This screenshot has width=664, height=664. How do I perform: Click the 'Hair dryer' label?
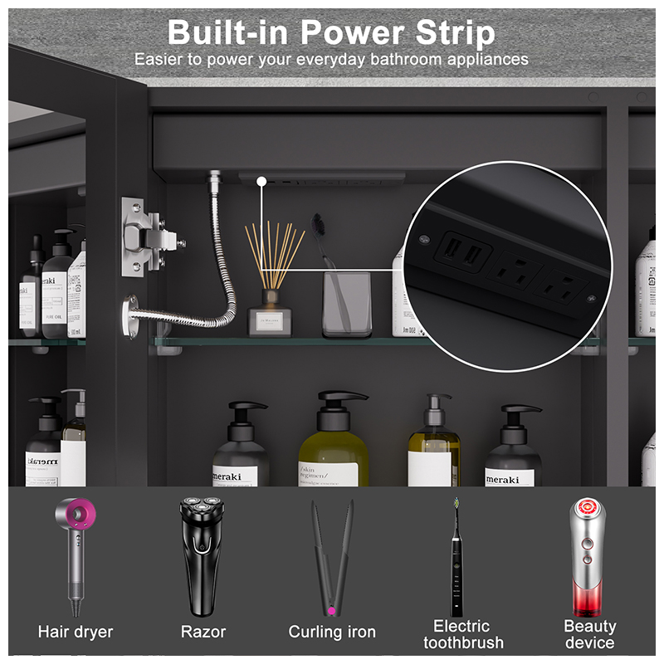click(76, 632)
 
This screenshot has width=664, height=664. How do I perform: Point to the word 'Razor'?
click(203, 632)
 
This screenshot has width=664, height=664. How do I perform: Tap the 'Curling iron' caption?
click(332, 632)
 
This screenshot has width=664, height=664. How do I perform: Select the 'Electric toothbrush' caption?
click(462, 634)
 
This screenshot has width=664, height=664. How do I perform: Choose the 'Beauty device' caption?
click(590, 634)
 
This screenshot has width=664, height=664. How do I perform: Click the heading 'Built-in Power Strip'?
click(331, 33)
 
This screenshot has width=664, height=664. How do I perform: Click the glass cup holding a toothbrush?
click(346, 304)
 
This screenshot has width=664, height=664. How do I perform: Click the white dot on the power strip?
click(261, 180)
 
